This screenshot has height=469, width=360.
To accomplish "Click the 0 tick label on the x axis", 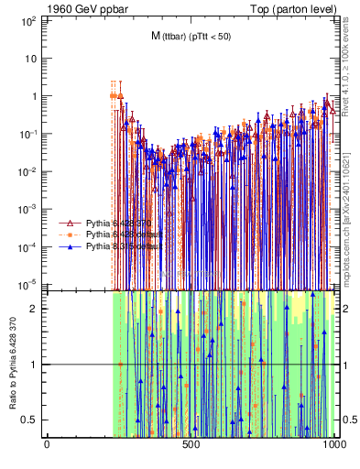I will point(47,443).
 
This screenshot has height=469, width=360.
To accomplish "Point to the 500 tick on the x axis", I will point(191,443).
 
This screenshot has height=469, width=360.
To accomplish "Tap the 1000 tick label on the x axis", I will point(334,443).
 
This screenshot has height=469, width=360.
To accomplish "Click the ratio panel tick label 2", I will point(38,308).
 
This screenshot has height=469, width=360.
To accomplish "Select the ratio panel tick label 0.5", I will point(33,420).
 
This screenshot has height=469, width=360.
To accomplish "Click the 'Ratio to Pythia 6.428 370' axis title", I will point(12,364).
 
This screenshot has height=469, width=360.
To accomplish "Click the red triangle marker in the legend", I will point(68,223).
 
